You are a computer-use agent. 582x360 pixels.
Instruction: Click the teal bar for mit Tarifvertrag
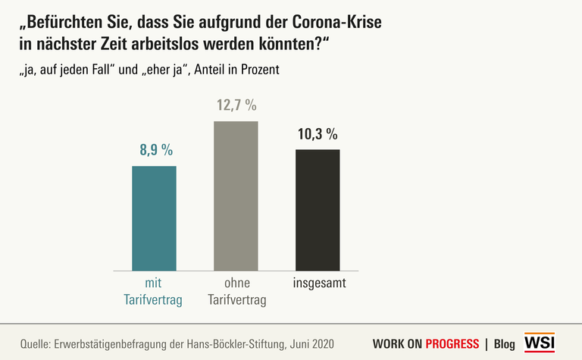pos(154,218)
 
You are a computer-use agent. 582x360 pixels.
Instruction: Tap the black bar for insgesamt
pos(318,210)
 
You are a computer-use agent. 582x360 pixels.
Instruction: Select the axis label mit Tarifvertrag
pos(153,292)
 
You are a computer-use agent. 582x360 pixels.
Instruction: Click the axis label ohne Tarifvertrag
pos(236,292)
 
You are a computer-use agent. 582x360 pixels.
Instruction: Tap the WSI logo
pos(539,343)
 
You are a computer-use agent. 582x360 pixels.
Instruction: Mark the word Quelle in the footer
pos(35,343)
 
